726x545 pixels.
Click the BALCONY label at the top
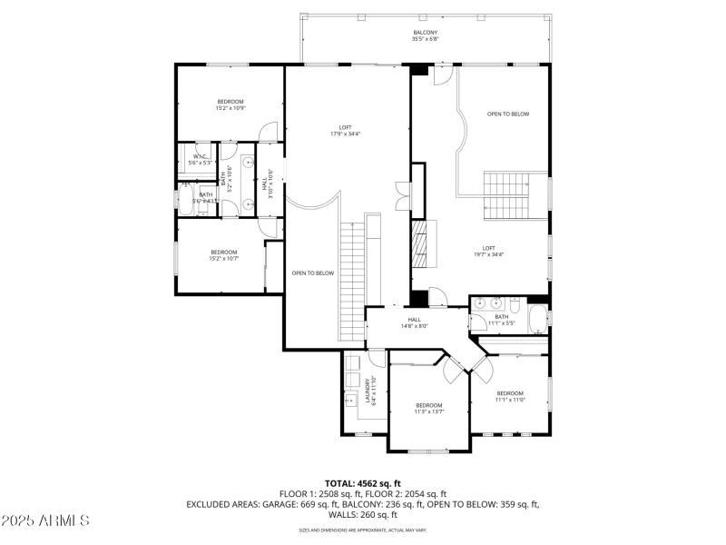coord(426,33)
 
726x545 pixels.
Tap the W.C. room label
coord(200,156)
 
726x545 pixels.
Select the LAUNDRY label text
coord(368,390)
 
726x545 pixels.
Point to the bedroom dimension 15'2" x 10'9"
coord(231,108)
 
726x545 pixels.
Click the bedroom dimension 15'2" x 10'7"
coord(224,259)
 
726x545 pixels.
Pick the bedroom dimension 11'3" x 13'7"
coord(429,411)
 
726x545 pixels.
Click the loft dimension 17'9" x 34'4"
coord(346,134)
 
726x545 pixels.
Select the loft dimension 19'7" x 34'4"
coord(488,254)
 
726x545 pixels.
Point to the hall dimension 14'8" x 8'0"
coord(415,326)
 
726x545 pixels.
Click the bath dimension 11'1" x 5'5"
coord(502,322)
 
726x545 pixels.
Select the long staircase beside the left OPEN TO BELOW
coord(352,281)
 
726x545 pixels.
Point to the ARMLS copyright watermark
coord(45,521)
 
